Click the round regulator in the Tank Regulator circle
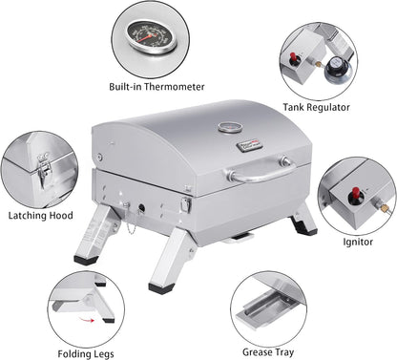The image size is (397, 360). coord(335,71)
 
